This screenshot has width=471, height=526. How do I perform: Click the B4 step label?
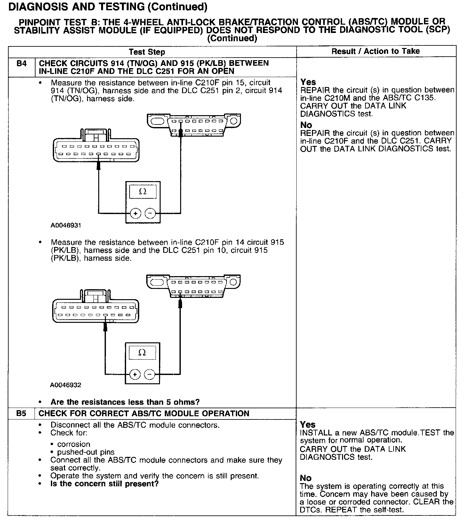pyautogui.click(x=21, y=64)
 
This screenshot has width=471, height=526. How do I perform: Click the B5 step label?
pyautogui.click(x=21, y=413)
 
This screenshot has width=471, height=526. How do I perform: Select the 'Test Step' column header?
pyautogui.click(x=147, y=52)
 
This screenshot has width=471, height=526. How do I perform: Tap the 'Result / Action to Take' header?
pyautogui.click(x=375, y=51)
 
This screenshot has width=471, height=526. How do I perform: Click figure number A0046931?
pyautogui.click(x=66, y=225)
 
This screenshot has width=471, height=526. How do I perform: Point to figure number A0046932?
pyautogui.click(x=66, y=385)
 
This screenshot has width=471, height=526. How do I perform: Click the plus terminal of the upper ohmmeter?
pyautogui.click(x=135, y=213)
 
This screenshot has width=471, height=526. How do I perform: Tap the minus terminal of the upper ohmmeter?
pyautogui.click(x=150, y=213)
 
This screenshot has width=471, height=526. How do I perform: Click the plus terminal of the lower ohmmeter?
pyautogui.click(x=135, y=374)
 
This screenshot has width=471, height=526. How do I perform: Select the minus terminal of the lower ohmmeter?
pyautogui.click(x=149, y=374)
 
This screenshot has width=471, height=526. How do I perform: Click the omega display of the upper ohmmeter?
pyautogui.click(x=143, y=192)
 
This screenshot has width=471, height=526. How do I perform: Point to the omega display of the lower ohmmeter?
pyautogui.click(x=142, y=353)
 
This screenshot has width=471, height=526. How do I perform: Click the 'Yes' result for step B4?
pyautogui.click(x=308, y=82)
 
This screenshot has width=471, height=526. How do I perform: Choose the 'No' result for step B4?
pyautogui.click(x=306, y=125)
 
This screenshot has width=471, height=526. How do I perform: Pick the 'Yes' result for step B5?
pyautogui.click(x=308, y=425)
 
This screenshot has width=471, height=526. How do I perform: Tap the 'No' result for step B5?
pyautogui.click(x=306, y=478)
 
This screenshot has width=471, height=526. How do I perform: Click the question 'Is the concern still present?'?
pyautogui.click(x=104, y=484)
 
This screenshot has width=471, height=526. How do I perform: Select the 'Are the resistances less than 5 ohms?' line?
pyautogui.click(x=125, y=402)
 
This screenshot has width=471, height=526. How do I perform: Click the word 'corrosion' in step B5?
pyautogui.click(x=74, y=444)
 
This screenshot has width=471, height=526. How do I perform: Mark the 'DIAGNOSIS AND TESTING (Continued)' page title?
pyautogui.click(x=108, y=7)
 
